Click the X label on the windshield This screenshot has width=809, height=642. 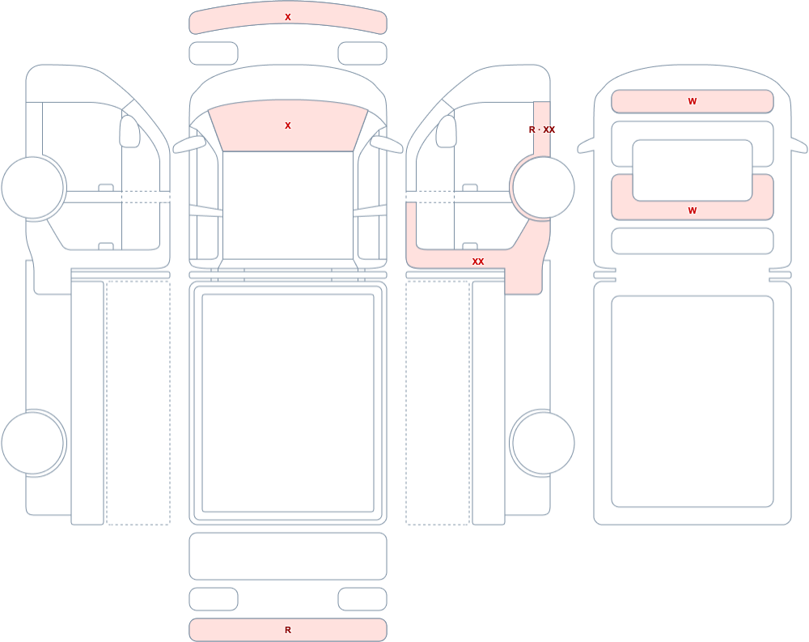tap(288, 125)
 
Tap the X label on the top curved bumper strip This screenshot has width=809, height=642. tap(288, 17)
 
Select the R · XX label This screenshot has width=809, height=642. tap(542, 130)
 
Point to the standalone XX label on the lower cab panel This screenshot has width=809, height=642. tap(478, 261)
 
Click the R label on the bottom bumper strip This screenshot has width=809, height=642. tap(288, 630)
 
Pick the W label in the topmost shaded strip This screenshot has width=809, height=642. tap(693, 101)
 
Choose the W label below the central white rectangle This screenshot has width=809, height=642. tap(693, 210)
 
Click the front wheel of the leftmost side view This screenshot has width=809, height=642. tap(33, 188)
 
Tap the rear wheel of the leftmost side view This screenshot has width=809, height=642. tap(33, 443)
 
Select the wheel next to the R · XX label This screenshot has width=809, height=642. tap(543, 188)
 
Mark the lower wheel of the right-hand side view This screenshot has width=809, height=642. tap(543, 443)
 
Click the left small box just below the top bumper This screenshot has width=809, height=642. tap(214, 53)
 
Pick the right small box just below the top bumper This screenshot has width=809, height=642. tap(362, 53)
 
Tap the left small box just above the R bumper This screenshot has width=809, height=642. tap(214, 599)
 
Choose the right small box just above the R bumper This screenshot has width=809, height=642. tap(362, 599)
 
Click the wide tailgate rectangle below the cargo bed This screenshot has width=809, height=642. tap(288, 556)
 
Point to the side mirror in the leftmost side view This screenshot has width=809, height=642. tap(130, 131)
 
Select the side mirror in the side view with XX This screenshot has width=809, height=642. tap(447, 131)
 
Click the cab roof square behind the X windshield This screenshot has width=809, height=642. tap(288, 205)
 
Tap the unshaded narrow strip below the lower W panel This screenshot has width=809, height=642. tap(693, 240)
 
